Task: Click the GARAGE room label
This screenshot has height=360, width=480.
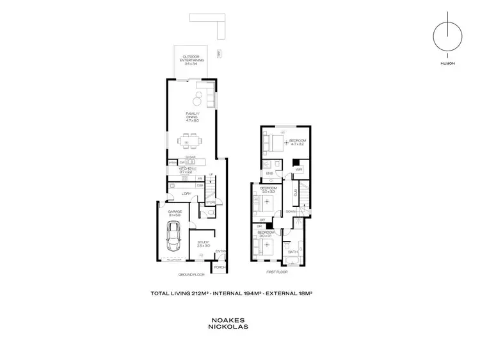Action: [175, 212]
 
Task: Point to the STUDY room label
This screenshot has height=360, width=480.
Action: [204, 241]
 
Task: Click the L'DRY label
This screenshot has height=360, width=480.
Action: [188, 193]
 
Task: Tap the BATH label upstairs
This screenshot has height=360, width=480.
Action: [293, 252]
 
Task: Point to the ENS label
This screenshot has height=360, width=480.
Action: [270, 173]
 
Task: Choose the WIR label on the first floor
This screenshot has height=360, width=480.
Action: [298, 169]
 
